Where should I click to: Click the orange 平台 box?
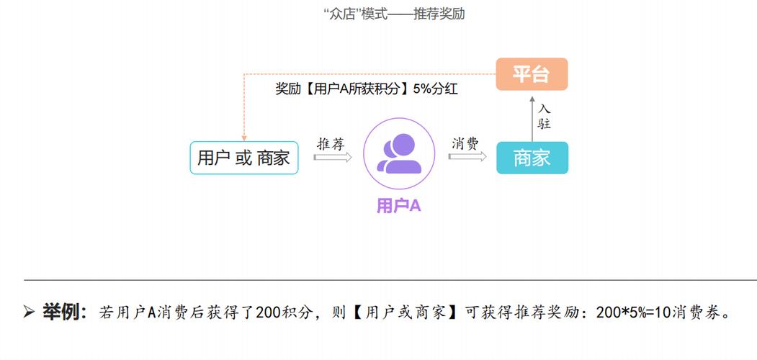click(x=532, y=74)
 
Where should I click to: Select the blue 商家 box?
click(x=532, y=158)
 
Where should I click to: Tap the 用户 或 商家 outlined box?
click(x=243, y=158)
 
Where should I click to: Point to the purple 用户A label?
click(x=398, y=206)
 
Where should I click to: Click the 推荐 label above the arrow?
click(x=331, y=143)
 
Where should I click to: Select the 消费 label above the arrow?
click(x=465, y=143)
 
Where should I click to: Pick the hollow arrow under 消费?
click(x=467, y=156)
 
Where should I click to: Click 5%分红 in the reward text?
click(x=436, y=90)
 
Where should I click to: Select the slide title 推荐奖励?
click(x=439, y=14)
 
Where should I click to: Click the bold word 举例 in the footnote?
click(x=63, y=312)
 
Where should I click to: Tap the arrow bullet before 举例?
click(x=29, y=312)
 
